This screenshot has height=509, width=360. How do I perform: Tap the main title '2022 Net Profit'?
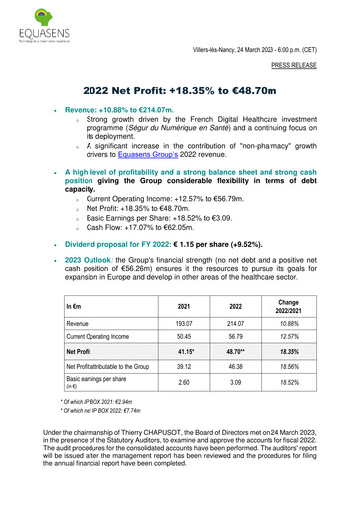coord(179,89)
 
